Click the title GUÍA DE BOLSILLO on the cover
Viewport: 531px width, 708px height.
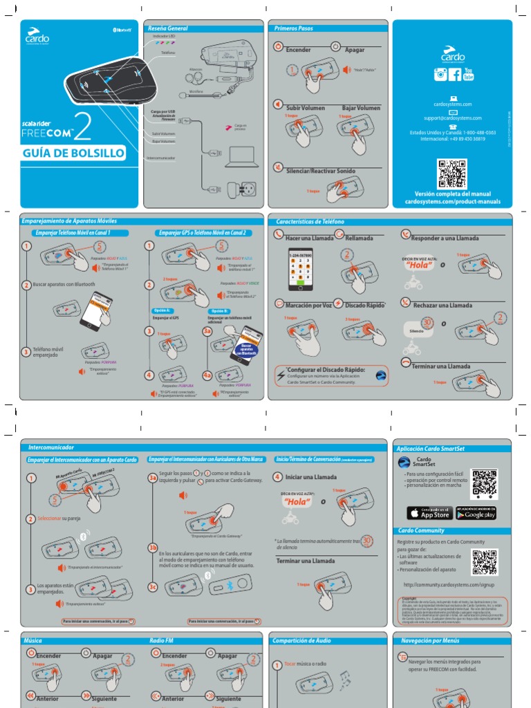pos(74,153)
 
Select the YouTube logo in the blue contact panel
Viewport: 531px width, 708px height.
pos(469,75)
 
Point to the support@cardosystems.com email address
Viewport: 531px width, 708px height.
pos(453,118)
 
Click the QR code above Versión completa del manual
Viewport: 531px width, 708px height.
pos(452,173)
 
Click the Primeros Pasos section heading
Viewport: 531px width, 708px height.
pos(294,28)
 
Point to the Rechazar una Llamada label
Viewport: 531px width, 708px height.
pos(442,305)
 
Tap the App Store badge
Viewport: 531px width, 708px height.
pos(428,513)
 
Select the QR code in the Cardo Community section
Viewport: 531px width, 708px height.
pos(484,562)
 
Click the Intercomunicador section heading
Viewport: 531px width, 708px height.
pos(50,447)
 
